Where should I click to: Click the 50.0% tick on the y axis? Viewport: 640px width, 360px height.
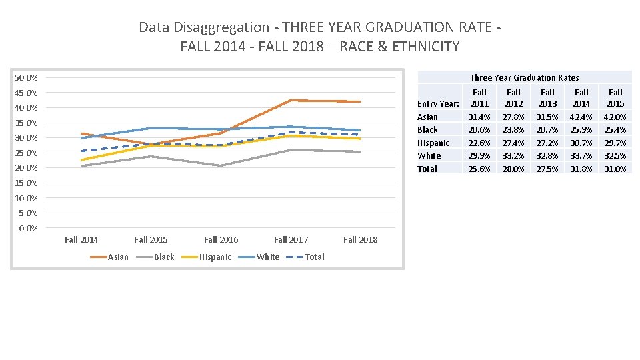(x=26, y=78)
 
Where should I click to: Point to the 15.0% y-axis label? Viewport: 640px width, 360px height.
(x=26, y=183)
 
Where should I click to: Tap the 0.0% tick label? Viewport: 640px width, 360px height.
(x=28, y=229)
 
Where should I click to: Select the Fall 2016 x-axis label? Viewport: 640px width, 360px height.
(x=221, y=240)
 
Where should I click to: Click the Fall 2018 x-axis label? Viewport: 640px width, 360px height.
(x=360, y=240)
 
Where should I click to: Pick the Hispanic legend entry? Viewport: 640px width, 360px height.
(x=215, y=257)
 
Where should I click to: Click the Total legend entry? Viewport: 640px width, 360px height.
(x=314, y=257)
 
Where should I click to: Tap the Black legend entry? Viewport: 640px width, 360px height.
(x=164, y=257)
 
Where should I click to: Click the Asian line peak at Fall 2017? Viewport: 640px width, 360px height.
(x=291, y=100)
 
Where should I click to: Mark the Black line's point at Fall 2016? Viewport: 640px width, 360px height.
(x=221, y=165)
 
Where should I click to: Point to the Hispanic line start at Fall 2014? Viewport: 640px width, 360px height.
(x=81, y=160)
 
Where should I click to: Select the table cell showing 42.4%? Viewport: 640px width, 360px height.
(x=581, y=117)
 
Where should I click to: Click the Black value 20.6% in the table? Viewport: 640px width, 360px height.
(x=479, y=129)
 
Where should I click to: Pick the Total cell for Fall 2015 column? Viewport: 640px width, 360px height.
(x=615, y=169)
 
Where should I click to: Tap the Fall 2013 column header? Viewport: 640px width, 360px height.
(x=547, y=97)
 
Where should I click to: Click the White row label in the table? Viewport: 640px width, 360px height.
(x=429, y=155)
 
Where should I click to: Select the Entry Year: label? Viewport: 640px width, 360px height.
(x=438, y=103)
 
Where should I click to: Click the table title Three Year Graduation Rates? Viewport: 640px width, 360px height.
(x=524, y=77)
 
